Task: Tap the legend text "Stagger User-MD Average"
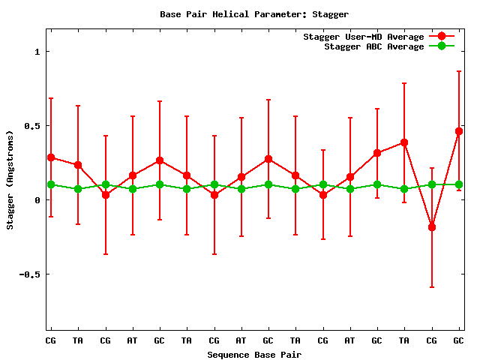(x=363, y=37)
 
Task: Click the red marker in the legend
(x=442, y=37)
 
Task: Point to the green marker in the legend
(x=442, y=46)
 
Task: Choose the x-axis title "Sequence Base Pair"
(x=254, y=354)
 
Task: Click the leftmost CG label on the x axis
(x=51, y=340)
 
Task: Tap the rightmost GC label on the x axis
(x=458, y=340)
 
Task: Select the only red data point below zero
(x=432, y=227)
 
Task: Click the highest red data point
(x=459, y=131)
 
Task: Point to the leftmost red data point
(x=51, y=157)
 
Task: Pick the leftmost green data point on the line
(x=51, y=184)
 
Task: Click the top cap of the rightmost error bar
(x=459, y=71)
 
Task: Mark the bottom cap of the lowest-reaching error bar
(x=432, y=287)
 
